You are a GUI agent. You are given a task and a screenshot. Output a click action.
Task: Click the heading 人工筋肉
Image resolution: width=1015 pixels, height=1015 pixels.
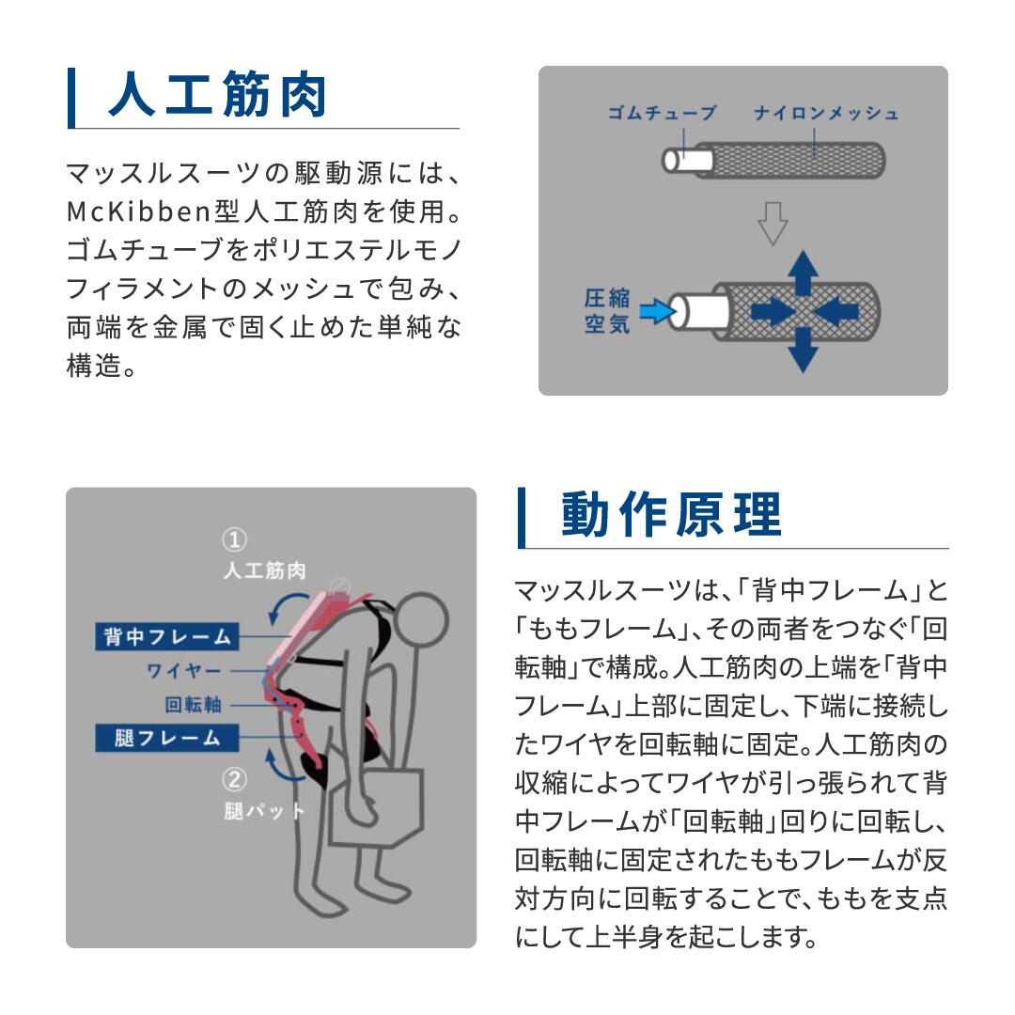(x=217, y=96)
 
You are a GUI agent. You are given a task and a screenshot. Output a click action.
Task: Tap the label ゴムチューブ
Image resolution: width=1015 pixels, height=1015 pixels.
(x=662, y=114)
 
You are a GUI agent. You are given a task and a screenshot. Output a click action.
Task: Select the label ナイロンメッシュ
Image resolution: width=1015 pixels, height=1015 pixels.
(x=826, y=114)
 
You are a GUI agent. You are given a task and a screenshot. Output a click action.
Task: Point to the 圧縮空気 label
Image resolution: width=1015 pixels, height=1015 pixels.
(x=606, y=312)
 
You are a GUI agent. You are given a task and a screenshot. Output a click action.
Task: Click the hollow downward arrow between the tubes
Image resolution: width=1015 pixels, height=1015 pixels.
(x=773, y=224)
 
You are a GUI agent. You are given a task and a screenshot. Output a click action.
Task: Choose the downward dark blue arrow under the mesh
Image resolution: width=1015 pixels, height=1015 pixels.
(x=802, y=351)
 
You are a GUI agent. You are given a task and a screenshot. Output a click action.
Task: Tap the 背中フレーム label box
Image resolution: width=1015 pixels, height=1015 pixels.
(x=167, y=636)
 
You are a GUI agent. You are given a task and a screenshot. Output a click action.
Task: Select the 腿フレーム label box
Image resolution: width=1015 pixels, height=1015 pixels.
(x=167, y=738)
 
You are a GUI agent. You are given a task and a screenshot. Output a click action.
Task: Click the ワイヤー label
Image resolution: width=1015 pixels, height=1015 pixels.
(x=183, y=671)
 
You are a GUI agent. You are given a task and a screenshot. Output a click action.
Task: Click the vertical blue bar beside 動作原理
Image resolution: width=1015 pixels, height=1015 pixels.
(x=522, y=517)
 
